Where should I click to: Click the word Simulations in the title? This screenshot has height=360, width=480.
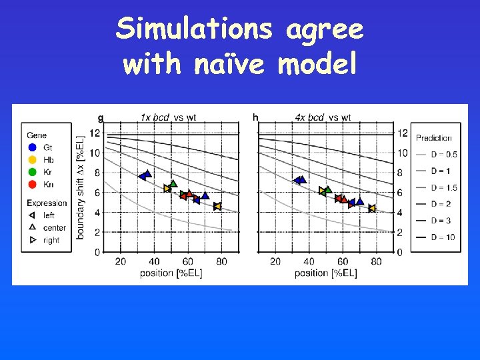click(193, 29)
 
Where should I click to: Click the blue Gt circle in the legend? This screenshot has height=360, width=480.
click(33, 147)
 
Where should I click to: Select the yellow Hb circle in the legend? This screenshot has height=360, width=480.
click(33, 160)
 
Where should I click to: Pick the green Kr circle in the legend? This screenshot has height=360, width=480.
click(33, 172)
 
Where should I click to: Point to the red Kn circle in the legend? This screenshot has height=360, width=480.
click(33, 185)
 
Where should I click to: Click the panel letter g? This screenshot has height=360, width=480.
click(101, 118)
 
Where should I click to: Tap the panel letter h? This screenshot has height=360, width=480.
click(255, 117)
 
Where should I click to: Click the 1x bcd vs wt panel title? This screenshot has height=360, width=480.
click(168, 118)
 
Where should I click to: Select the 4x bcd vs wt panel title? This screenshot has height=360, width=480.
click(323, 118)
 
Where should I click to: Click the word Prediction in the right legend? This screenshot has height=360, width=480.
click(434, 138)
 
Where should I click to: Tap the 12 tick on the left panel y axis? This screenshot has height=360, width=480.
click(95, 133)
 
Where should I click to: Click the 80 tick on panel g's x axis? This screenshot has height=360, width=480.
click(221, 261)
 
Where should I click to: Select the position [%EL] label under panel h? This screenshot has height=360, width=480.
click(325, 273)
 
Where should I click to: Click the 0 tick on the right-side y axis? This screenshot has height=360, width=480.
click(400, 253)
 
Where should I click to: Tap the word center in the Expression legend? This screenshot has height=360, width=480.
click(55, 228)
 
